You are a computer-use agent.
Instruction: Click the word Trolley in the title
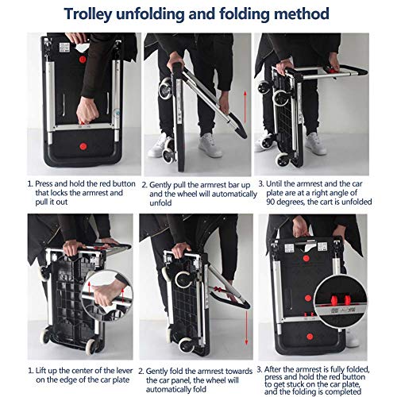click(88, 14)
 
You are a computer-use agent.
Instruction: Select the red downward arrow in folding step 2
click(246, 328)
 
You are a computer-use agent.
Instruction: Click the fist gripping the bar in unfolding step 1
click(87, 110)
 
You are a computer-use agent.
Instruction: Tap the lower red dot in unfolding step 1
click(83, 146)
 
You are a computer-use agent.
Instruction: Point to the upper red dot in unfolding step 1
click(83, 59)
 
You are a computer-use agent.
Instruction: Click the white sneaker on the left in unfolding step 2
click(158, 146)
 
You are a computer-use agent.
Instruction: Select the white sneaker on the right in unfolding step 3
click(316, 144)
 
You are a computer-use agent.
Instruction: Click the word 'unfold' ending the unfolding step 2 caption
click(160, 203)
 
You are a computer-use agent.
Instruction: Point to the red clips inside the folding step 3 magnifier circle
click(341, 300)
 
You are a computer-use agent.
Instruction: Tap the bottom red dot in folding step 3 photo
click(310, 337)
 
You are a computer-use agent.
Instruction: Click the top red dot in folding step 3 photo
click(306, 258)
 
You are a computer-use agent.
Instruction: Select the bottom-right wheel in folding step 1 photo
click(91, 346)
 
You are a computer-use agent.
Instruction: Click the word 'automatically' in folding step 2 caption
click(176, 389)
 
